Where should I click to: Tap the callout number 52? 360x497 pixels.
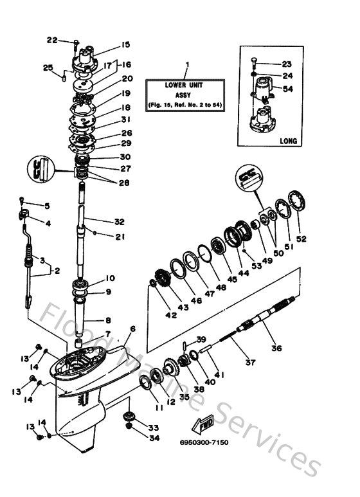pyautogui.click(x=301, y=239)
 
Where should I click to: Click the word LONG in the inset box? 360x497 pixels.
pyautogui.click(x=288, y=140)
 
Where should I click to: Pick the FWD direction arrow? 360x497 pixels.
pyautogui.click(x=206, y=425)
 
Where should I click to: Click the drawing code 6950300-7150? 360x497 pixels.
pyautogui.click(x=204, y=443)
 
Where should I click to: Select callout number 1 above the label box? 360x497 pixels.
pyautogui.click(x=187, y=64)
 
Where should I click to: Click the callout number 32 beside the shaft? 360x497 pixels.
pyautogui.click(x=118, y=222)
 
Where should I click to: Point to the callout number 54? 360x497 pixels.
pyautogui.click(x=288, y=89)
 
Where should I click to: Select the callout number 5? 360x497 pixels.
pyautogui.click(x=46, y=206)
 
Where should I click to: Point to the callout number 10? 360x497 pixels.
pyautogui.click(x=110, y=278)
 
